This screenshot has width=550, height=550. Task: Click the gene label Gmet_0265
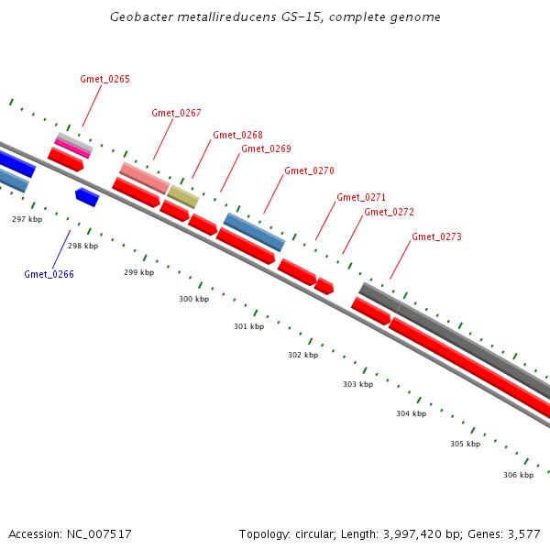click(104, 79)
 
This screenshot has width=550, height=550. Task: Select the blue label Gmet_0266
click(49, 274)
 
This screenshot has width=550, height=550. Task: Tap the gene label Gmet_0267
click(176, 113)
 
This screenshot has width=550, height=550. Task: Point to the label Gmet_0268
click(237, 135)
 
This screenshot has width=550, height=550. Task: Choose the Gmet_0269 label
click(266, 148)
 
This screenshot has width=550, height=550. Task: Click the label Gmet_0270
click(309, 170)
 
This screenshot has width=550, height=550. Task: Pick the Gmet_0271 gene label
click(360, 197)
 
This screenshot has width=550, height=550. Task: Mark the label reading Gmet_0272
click(389, 212)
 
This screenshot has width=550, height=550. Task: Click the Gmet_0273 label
click(436, 236)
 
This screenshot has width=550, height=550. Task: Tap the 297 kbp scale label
click(27, 219)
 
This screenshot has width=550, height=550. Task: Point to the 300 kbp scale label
click(193, 299)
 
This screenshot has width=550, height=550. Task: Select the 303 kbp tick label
click(357, 384)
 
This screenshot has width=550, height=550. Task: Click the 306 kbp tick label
click(518, 475)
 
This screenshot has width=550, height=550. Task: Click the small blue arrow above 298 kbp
click(87, 196)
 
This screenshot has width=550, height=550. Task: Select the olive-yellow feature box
click(182, 196)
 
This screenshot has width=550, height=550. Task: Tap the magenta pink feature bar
click(72, 148)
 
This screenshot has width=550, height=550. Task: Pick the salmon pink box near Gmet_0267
click(144, 178)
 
